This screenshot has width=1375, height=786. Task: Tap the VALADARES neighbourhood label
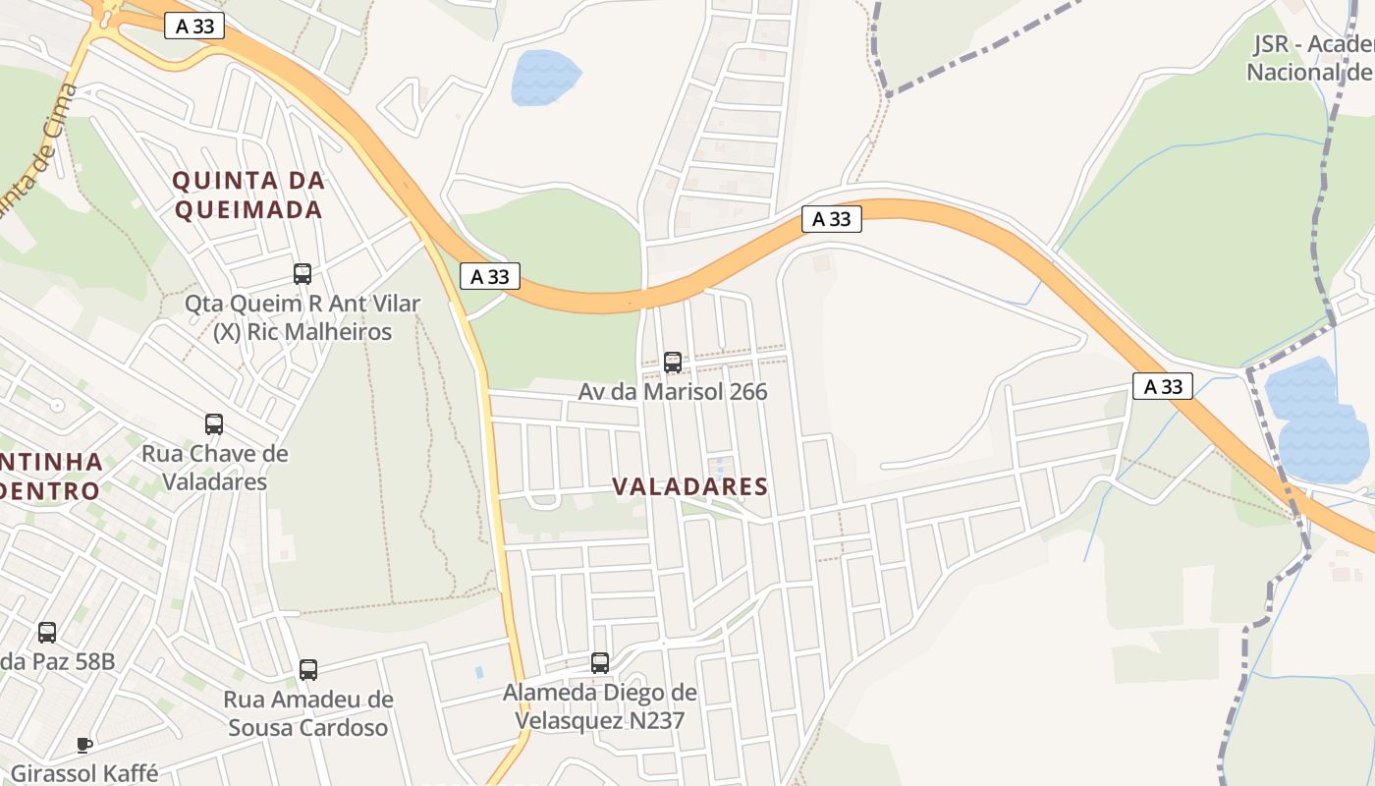(x=689, y=486)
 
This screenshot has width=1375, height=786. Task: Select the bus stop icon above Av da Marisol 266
(x=673, y=362)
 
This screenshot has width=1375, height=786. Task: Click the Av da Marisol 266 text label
(x=673, y=392)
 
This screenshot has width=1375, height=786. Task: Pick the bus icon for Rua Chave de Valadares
(x=214, y=424)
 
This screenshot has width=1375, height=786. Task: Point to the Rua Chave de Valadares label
(x=215, y=468)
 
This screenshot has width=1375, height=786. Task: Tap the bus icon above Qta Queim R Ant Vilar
(x=302, y=274)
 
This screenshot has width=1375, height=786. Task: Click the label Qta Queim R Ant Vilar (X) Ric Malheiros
(x=302, y=317)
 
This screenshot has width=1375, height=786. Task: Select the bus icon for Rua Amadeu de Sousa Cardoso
(x=308, y=670)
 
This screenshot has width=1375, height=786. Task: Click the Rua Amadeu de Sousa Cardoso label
(x=308, y=714)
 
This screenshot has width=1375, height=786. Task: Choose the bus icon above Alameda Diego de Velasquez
(x=600, y=663)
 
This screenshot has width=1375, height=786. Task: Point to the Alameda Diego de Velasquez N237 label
(x=600, y=706)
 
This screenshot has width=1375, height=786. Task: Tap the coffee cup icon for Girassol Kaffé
(x=84, y=745)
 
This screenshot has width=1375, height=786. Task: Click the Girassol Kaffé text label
(x=84, y=773)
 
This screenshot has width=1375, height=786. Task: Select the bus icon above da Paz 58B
(x=47, y=633)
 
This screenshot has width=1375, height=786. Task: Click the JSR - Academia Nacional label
(x=1311, y=59)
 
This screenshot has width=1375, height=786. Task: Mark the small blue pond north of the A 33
(x=543, y=78)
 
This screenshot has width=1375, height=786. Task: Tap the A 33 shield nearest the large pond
(x=1163, y=386)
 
